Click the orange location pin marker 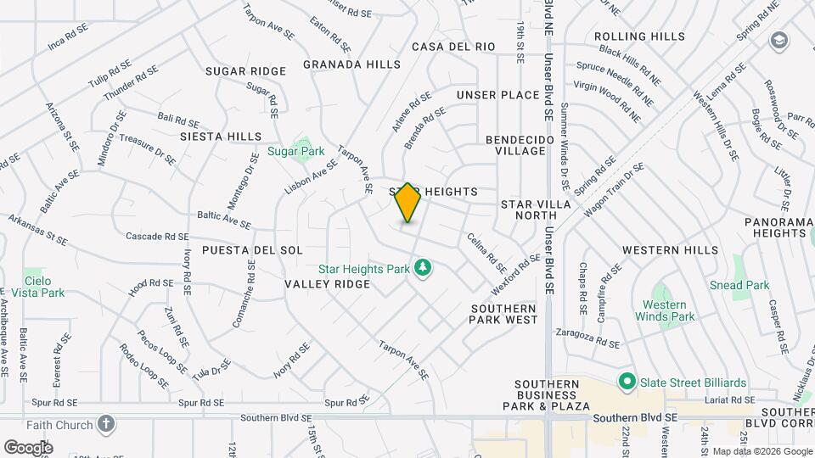[x=407, y=203]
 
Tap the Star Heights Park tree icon [x=423, y=269]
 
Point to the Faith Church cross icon [x=106, y=423]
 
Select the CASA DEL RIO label [x=453, y=47]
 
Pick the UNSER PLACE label [x=497, y=95]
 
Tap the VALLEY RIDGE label [x=328, y=284]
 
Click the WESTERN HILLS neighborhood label [x=670, y=250]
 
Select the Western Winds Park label [x=665, y=310]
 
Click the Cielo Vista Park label [x=44, y=287]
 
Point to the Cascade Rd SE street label [x=157, y=237]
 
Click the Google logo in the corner [x=28, y=447]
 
